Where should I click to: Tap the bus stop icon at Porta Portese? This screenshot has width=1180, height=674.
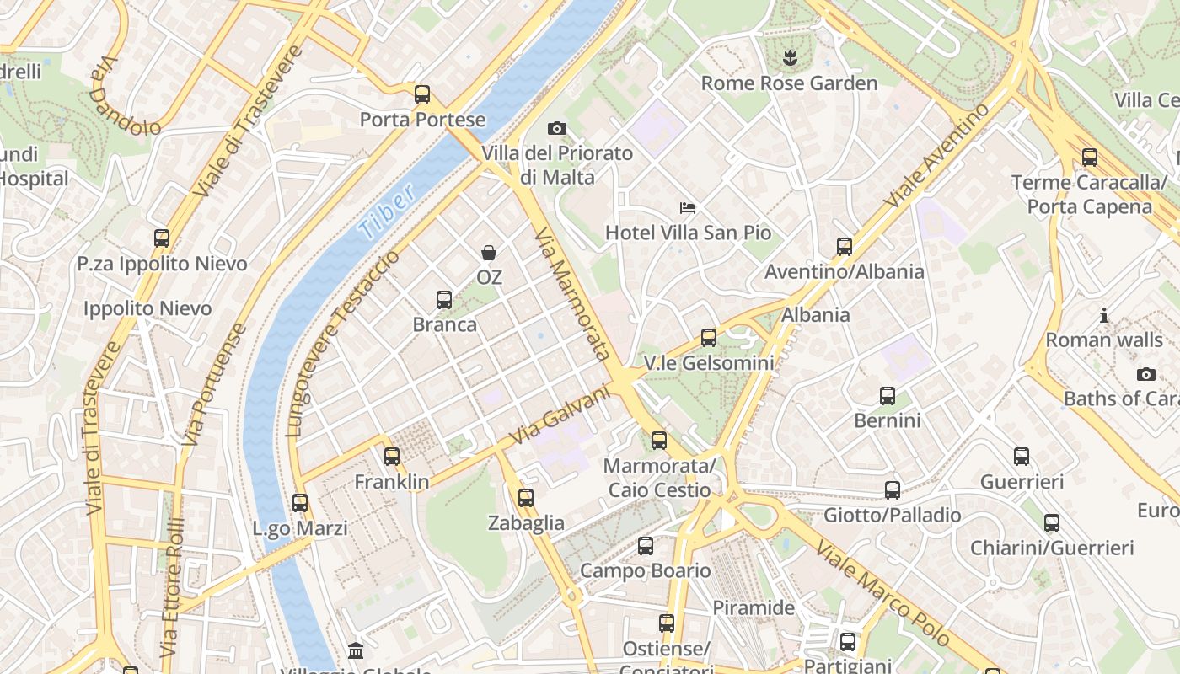(422, 94)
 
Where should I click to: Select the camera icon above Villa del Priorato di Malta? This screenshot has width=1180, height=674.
(557, 129)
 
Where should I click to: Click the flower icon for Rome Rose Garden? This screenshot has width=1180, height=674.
(790, 58)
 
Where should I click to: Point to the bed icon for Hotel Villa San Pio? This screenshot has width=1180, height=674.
(688, 208)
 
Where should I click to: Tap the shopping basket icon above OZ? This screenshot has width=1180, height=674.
(489, 253)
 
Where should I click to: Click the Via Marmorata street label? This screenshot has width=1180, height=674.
(572, 292)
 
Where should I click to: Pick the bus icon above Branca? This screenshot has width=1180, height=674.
(444, 300)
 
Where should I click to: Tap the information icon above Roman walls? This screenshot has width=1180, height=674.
(1104, 316)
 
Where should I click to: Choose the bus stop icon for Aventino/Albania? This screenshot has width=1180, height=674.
(845, 247)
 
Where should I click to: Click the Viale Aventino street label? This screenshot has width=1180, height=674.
(936, 156)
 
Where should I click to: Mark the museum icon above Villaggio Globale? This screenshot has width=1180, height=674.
(356, 651)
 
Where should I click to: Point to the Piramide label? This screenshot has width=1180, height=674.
(754, 607)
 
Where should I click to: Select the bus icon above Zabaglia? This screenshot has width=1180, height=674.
(526, 498)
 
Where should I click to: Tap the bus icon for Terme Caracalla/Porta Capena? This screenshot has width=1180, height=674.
(1090, 158)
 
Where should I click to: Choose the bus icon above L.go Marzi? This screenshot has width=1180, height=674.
(300, 503)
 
